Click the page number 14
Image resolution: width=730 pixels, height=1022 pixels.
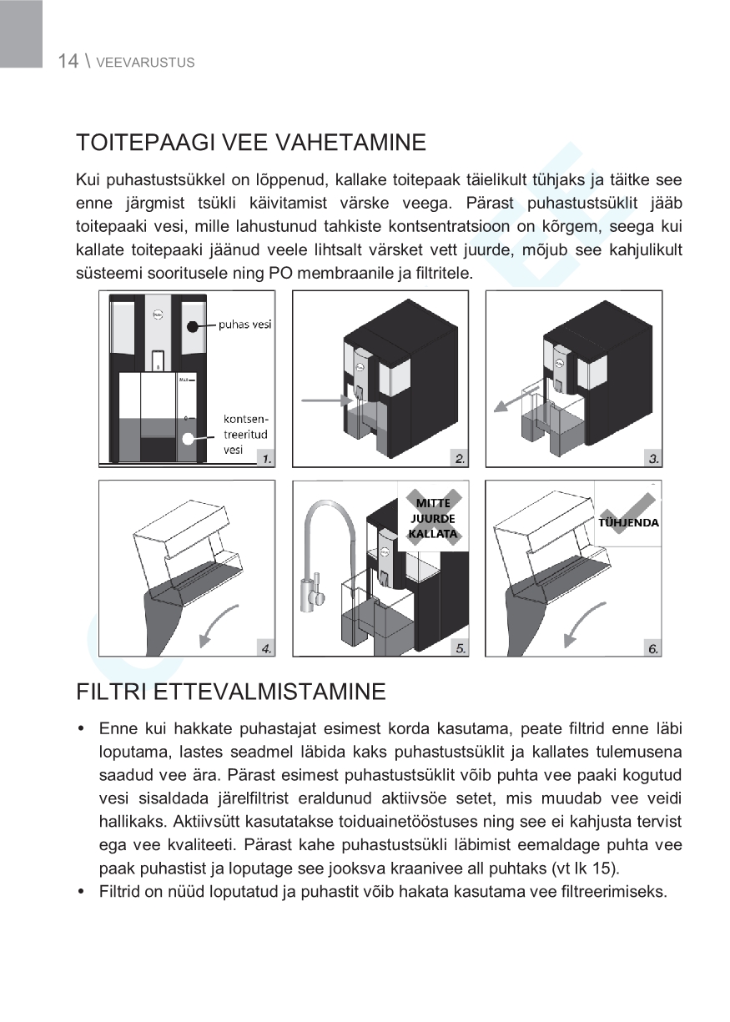click(x=68, y=61)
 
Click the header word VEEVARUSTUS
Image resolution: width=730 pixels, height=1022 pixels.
click(x=145, y=63)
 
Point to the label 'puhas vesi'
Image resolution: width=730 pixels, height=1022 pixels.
click(x=244, y=325)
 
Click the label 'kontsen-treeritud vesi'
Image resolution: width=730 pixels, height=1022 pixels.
click(x=246, y=434)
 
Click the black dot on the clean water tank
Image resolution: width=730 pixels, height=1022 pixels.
click(x=193, y=327)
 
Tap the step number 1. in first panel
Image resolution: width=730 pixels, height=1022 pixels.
click(x=264, y=458)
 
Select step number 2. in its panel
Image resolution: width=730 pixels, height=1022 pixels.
click(x=460, y=458)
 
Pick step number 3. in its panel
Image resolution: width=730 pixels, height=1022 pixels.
click(x=653, y=458)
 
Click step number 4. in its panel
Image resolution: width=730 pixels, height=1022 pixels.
click(x=264, y=647)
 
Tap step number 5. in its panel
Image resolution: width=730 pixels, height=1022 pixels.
click(x=460, y=647)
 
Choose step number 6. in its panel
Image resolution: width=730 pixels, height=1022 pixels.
click(x=653, y=647)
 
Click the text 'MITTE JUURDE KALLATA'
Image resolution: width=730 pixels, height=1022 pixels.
click(x=433, y=518)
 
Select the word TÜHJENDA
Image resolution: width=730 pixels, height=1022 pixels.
click(x=629, y=523)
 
